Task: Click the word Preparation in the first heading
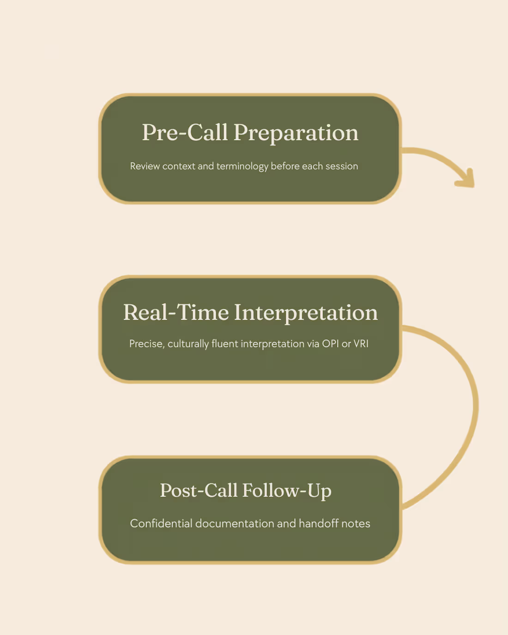pos(296,133)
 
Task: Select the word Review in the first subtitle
pos(145,166)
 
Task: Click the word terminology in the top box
pos(242,167)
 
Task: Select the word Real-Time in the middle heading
pos(176,312)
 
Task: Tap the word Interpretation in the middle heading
pos(306,314)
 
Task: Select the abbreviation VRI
pos(361,344)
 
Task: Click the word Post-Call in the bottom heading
pos(199,490)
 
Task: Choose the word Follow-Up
pos(287,491)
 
